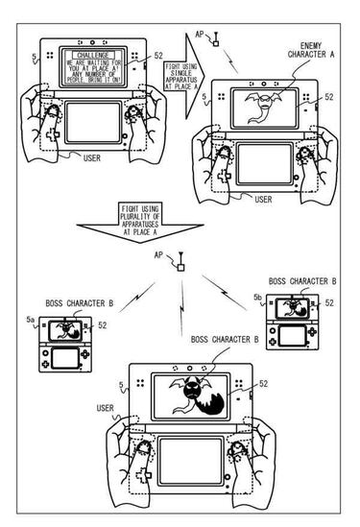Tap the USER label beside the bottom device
click(x=107, y=410)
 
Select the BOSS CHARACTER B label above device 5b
click(x=302, y=281)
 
